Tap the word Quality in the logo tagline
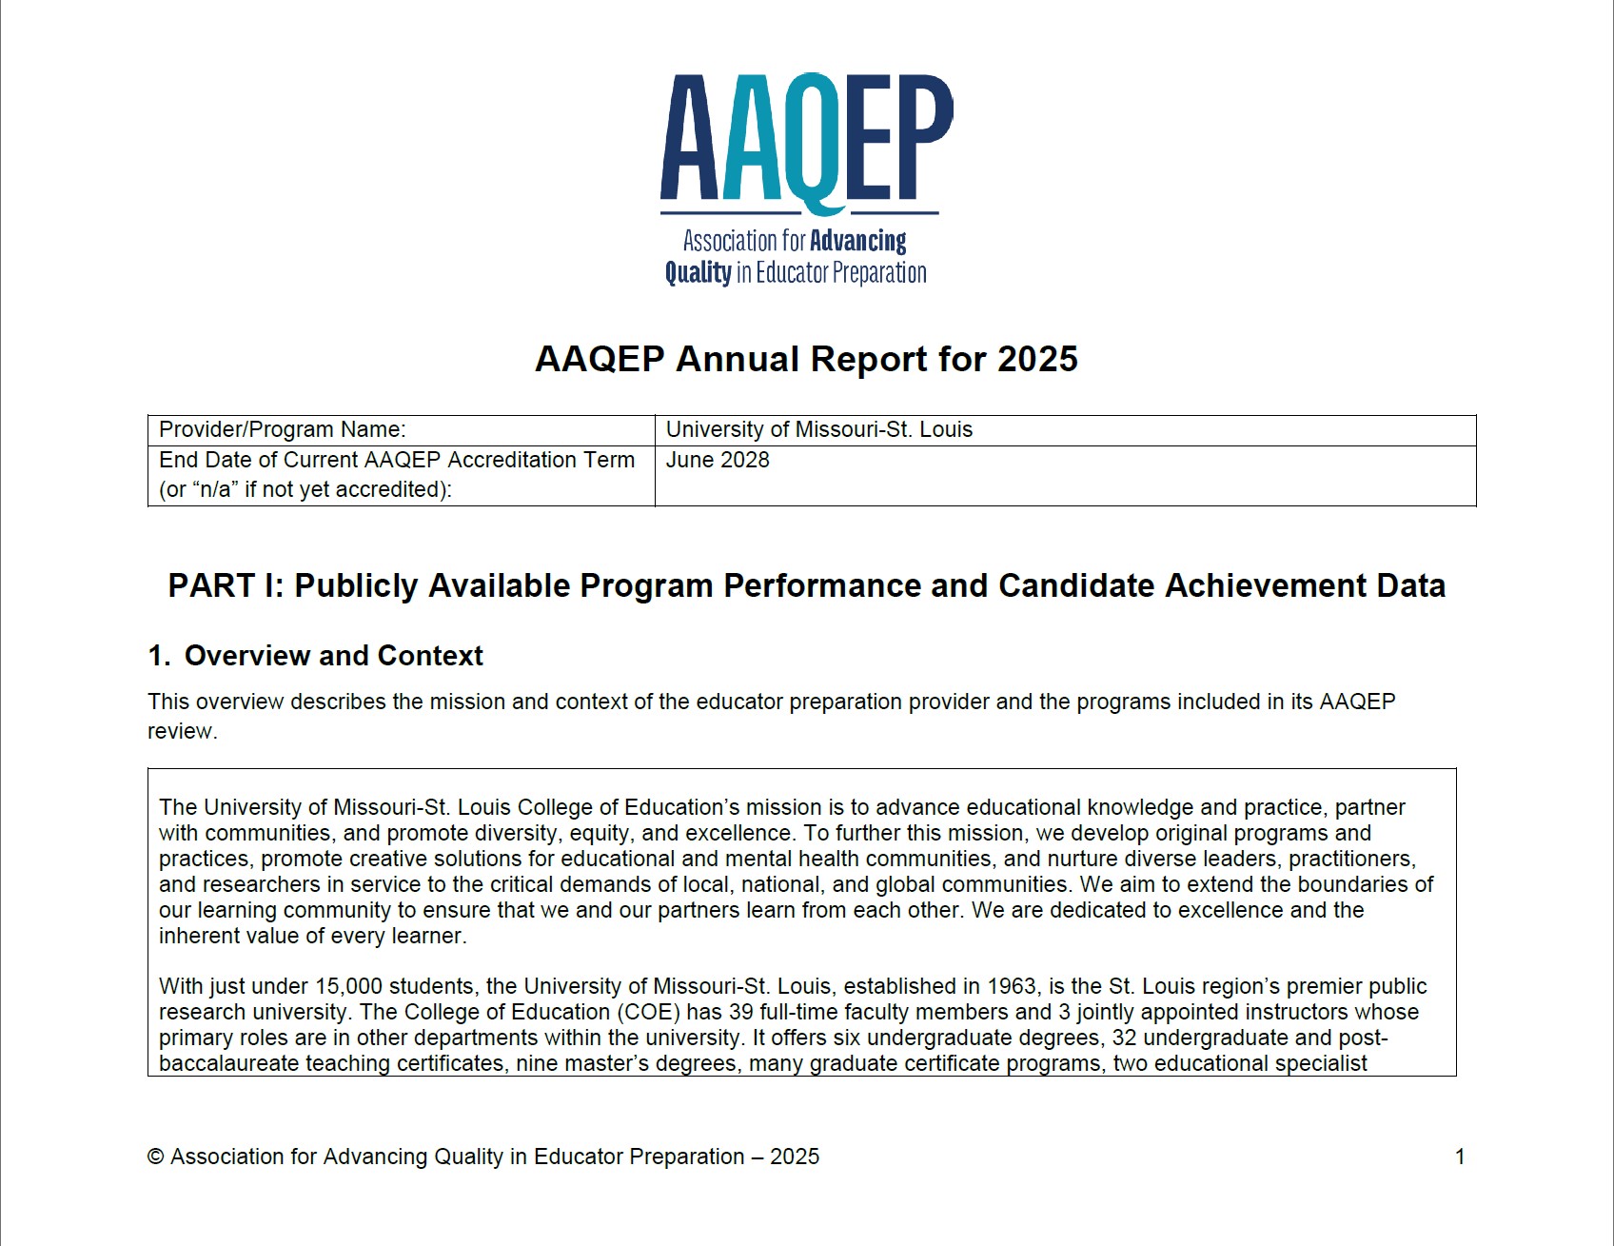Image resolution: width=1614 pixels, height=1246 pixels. (698, 273)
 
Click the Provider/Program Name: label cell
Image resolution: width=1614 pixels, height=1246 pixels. (282, 429)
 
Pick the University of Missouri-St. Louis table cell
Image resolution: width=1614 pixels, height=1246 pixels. (818, 429)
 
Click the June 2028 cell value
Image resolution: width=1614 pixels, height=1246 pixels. (718, 460)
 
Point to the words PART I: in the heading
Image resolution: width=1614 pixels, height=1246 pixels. (226, 585)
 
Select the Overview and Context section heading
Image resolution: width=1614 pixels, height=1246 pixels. (333, 656)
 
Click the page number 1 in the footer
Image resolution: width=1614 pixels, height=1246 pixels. (1460, 1157)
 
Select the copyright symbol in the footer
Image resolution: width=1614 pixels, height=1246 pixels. (156, 1157)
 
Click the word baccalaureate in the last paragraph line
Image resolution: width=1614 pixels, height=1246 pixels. (228, 1063)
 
